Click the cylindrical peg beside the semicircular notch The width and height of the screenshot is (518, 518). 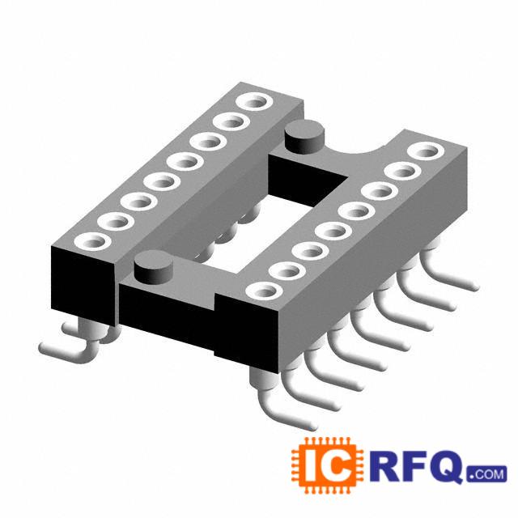click(304, 137)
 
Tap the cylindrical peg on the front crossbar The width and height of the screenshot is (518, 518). click(154, 267)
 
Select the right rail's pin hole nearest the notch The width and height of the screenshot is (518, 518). click(426, 151)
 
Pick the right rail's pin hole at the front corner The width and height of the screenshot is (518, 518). click(265, 291)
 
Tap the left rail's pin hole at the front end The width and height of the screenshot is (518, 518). click(92, 242)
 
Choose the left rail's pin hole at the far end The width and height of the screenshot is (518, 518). click(255, 100)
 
